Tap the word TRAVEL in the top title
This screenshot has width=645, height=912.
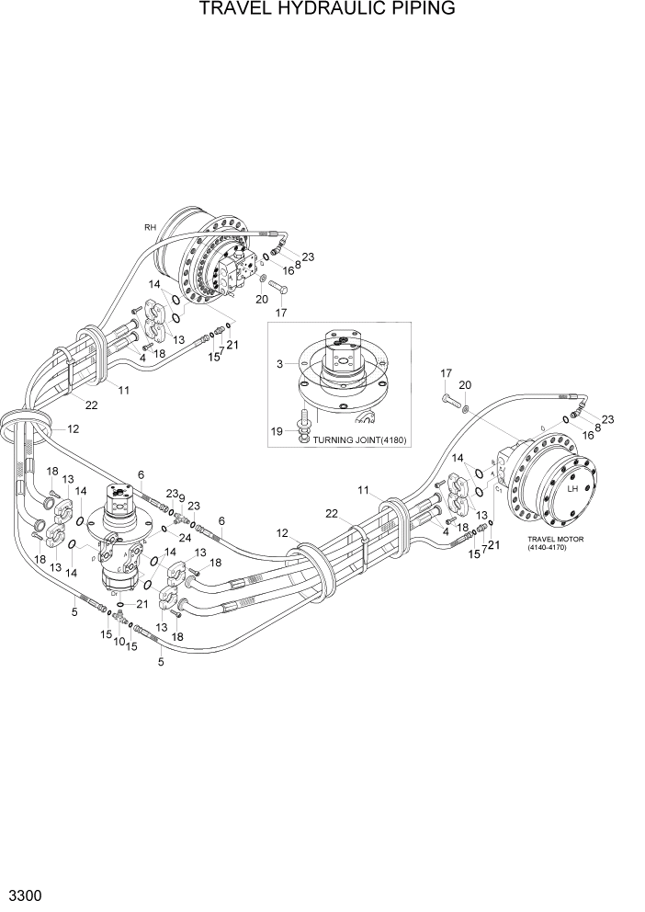237,10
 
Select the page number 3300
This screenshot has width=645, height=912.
24,894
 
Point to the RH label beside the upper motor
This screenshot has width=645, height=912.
150,227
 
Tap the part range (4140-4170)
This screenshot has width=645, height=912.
556,549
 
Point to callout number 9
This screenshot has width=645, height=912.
182,497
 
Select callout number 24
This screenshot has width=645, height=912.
186,537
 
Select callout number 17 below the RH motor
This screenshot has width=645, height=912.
282,313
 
